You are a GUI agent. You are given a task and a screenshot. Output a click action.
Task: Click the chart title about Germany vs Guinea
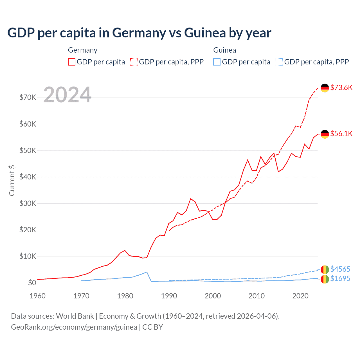click(x=139, y=33)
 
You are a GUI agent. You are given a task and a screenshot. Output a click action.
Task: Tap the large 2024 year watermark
click(x=67, y=95)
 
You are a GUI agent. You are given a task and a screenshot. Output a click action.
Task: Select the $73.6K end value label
click(x=341, y=87)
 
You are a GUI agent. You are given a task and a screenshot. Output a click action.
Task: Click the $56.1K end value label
click(x=341, y=134)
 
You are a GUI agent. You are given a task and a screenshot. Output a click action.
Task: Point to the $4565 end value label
click(x=340, y=269)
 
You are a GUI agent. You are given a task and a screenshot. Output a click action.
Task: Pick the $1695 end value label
click(x=340, y=278)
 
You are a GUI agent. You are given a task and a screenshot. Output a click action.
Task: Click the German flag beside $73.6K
click(x=325, y=88)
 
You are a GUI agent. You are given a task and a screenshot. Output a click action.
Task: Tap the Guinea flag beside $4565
click(x=325, y=269)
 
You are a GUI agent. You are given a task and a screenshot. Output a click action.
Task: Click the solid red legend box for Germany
click(x=72, y=62)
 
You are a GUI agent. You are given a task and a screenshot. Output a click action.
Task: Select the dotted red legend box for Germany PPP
click(x=134, y=62)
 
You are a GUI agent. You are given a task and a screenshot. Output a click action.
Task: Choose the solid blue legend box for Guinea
click(x=217, y=62)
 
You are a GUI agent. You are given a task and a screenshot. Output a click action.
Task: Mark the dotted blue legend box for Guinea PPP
click(x=279, y=62)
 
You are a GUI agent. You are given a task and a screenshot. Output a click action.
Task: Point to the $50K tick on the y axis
click(x=28, y=150)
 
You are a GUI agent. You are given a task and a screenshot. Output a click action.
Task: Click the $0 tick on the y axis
click(x=32, y=283)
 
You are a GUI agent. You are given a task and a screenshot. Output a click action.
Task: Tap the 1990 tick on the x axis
click(x=169, y=296)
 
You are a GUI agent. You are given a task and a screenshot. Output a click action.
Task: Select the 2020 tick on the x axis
click(x=300, y=296)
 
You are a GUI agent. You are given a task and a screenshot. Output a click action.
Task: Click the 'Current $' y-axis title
click(x=12, y=181)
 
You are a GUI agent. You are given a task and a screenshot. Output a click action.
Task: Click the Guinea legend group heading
click(x=224, y=50)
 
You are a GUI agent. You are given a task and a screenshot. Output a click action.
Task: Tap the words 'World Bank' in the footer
click(x=75, y=316)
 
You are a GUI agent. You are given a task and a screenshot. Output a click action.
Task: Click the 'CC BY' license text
click(x=153, y=327)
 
